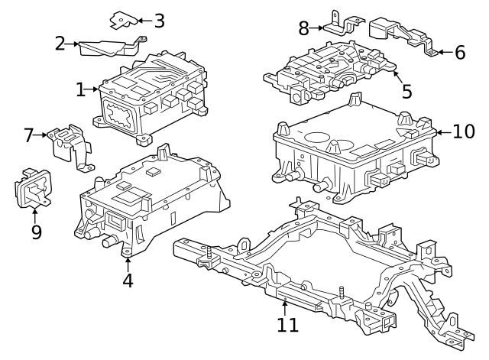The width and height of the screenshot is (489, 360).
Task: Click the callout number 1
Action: [x=81, y=90]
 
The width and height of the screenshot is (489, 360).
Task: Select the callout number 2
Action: [x=60, y=44]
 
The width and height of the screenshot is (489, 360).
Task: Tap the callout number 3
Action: [x=159, y=21]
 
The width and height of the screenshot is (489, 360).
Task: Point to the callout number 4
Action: [x=128, y=281]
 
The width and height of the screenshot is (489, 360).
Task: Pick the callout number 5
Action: [x=406, y=91]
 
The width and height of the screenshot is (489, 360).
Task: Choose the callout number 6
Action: [x=459, y=53]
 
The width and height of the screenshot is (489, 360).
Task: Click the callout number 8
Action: [x=303, y=28]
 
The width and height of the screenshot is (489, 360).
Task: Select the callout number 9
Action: [x=36, y=232]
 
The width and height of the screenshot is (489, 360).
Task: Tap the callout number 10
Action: [x=463, y=131]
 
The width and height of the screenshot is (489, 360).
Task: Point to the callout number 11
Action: [x=287, y=325]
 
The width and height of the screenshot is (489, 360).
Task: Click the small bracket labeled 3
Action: [x=124, y=18]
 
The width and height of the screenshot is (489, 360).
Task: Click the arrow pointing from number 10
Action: [x=442, y=132]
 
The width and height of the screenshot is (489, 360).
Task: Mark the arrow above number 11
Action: [x=284, y=306]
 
